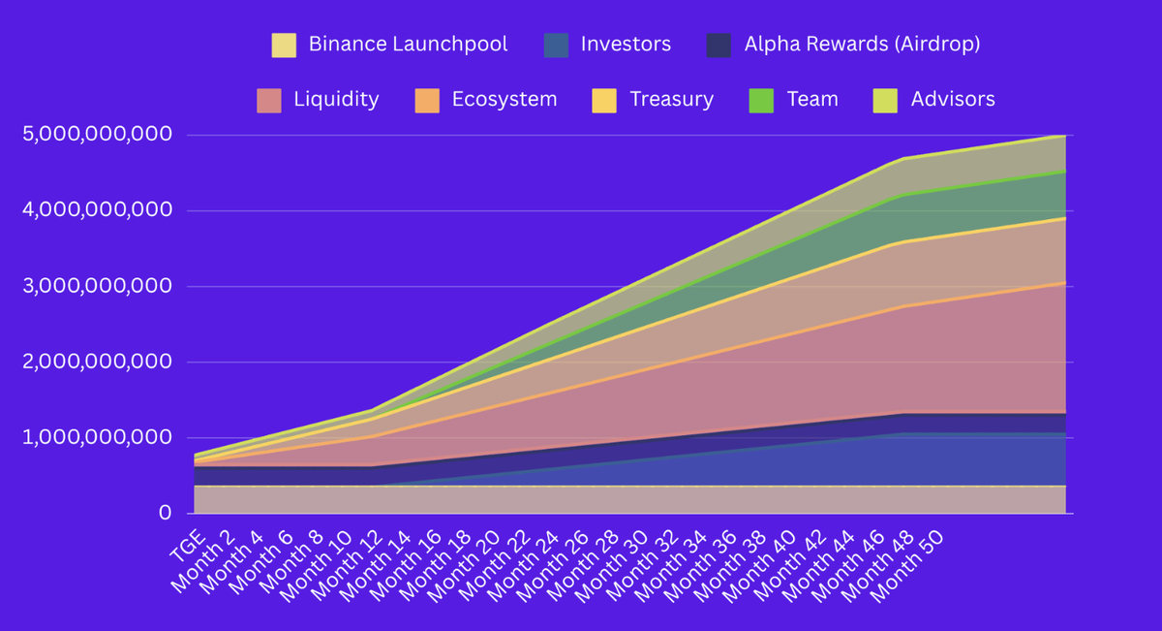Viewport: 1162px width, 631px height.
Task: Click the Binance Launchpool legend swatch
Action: point(284,45)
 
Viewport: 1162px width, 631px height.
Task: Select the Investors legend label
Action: point(626,44)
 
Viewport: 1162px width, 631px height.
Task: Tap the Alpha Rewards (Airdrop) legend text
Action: point(863,44)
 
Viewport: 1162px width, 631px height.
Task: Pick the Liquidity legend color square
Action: point(268,100)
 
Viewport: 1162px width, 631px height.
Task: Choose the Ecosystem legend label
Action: point(504,99)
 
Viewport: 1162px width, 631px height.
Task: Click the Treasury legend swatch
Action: point(602,100)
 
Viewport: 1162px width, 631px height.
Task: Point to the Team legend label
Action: point(812,99)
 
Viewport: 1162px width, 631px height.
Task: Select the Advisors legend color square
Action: point(885,100)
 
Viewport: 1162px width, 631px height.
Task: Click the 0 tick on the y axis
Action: point(165,513)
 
